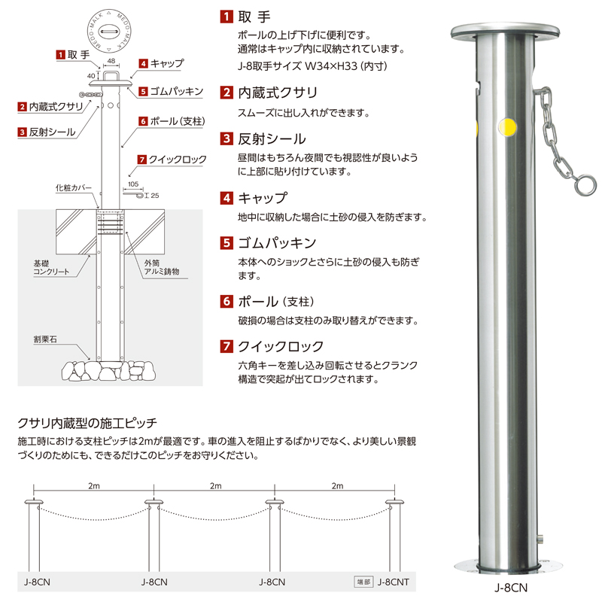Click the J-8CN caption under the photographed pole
click(x=511, y=588)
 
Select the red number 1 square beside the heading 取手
click(x=227, y=17)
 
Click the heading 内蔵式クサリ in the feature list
click(x=278, y=93)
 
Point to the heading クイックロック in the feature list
click(x=281, y=346)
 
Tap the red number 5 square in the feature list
click(x=227, y=242)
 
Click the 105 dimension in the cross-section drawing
click(x=133, y=184)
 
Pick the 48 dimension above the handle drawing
click(x=111, y=61)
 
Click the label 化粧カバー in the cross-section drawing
click(x=73, y=187)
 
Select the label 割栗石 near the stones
click(x=45, y=339)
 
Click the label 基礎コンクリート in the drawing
click(x=51, y=267)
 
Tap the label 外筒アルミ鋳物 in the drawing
click(x=161, y=267)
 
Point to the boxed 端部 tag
click(x=363, y=582)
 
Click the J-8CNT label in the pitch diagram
click(x=393, y=582)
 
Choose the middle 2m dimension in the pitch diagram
click(x=215, y=485)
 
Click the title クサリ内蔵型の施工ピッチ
click(x=87, y=423)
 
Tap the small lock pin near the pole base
click(x=540, y=539)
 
